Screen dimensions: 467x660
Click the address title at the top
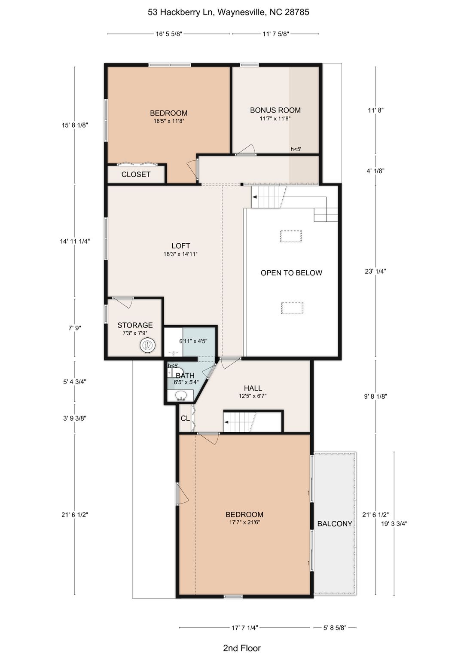(x=228, y=12)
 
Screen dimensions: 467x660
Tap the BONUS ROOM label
(x=275, y=110)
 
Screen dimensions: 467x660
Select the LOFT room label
(x=180, y=246)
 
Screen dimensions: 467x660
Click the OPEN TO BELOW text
(x=291, y=273)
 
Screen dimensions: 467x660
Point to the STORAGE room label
(x=135, y=325)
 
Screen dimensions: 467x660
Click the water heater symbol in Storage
(x=148, y=345)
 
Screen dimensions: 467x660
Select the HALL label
(x=253, y=388)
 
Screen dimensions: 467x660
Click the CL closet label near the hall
(x=185, y=419)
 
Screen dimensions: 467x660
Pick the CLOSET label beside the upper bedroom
(x=136, y=174)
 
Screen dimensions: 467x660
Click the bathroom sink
(x=180, y=396)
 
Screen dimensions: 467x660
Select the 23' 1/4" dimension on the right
(x=375, y=272)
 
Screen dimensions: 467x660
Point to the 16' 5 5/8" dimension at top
(x=169, y=34)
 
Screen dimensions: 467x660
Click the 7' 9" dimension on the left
(x=75, y=328)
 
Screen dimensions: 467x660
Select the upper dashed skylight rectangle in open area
(x=290, y=236)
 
